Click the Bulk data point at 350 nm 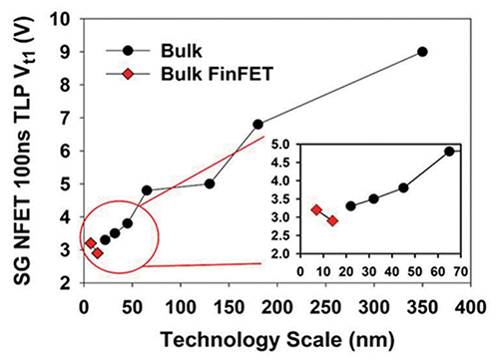(x=422, y=51)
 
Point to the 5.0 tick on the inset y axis (x=282, y=144)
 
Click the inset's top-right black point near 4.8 (x=449, y=151)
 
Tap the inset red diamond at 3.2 (x=316, y=209)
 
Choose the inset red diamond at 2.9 (x=332, y=220)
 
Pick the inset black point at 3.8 (x=403, y=187)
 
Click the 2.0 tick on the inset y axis (x=282, y=253)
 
